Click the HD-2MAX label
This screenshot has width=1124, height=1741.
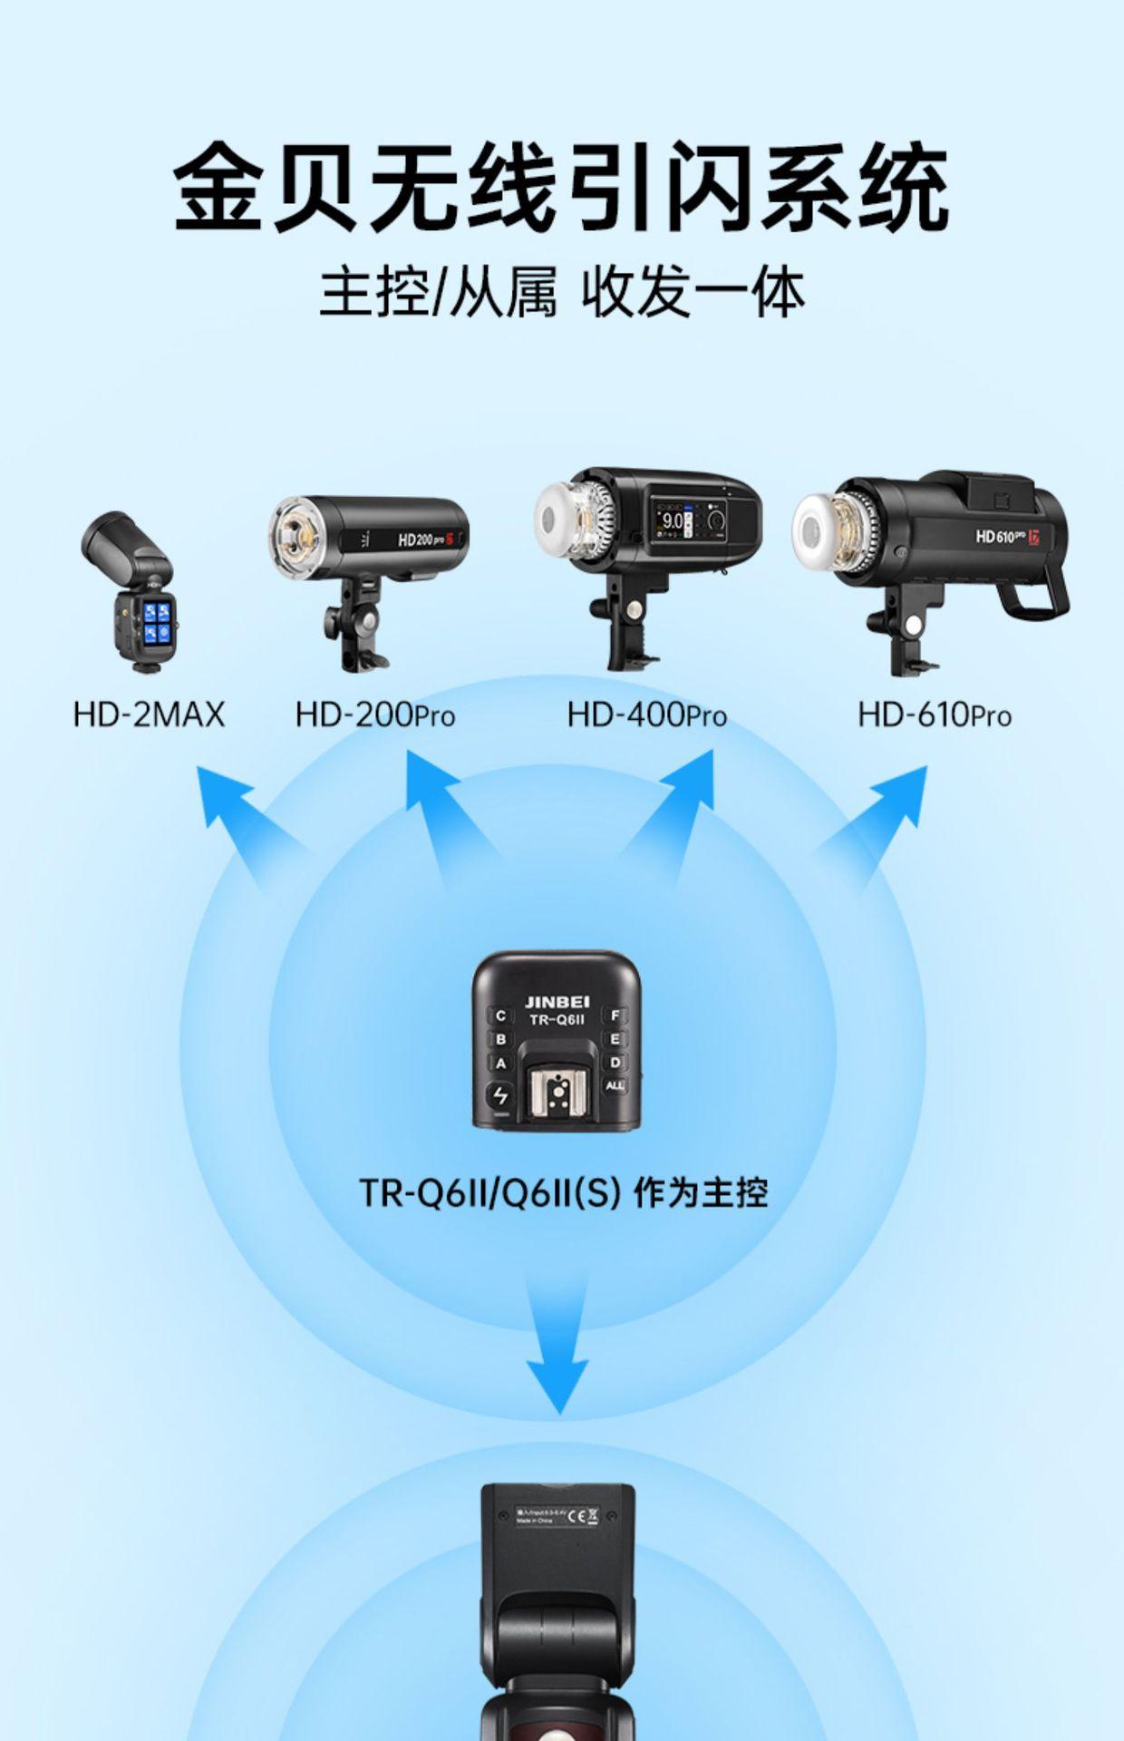(149, 715)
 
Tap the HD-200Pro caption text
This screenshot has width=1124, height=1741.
(374, 715)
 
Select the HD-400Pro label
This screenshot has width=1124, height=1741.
(646, 715)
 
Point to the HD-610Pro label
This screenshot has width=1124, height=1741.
(934, 715)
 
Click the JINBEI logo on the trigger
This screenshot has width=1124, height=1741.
(557, 1001)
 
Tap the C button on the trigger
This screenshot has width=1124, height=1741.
(499, 1016)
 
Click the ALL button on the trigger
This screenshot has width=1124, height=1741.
(615, 1085)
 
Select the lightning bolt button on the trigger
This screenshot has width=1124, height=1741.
(499, 1095)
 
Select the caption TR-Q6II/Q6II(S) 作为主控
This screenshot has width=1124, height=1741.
(563, 1192)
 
